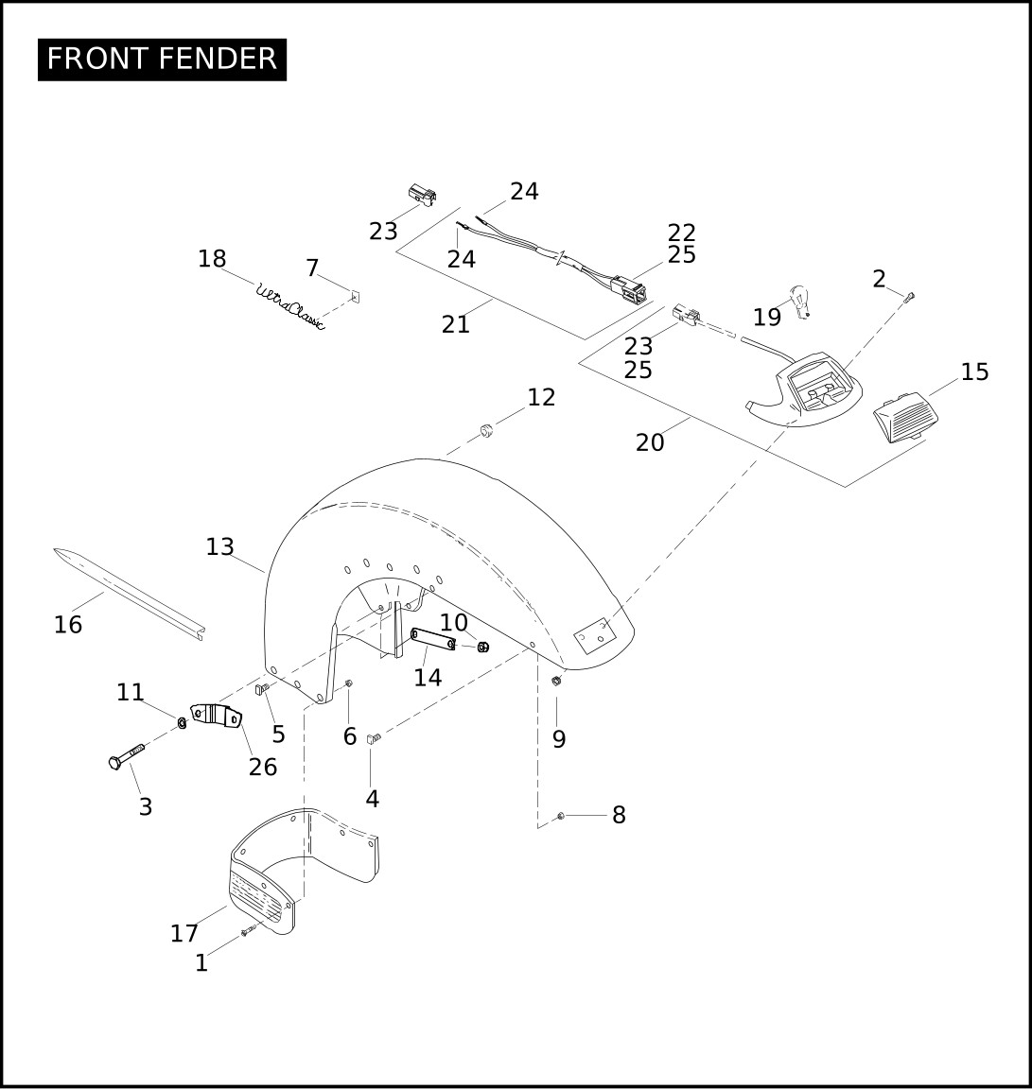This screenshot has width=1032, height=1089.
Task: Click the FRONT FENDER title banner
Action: point(162,59)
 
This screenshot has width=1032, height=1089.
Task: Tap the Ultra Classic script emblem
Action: point(290,306)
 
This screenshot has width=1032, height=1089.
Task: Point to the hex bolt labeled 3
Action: point(127,755)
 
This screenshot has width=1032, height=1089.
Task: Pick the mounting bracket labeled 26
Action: point(216,716)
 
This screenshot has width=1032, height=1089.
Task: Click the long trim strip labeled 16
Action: point(129,593)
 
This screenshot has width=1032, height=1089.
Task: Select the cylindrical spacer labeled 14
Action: point(433,639)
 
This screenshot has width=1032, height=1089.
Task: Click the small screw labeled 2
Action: point(911,297)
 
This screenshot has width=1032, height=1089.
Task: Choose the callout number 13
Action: point(219,547)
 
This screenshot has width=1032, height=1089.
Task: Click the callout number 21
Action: point(456,324)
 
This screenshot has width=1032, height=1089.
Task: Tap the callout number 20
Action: point(650,442)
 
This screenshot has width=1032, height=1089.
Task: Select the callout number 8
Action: point(619,815)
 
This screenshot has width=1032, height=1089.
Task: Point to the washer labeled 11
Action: point(182,723)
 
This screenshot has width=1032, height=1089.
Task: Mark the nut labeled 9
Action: point(556,682)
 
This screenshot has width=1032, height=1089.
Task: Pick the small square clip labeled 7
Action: point(356,297)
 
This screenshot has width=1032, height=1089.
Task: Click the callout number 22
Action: point(682,232)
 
